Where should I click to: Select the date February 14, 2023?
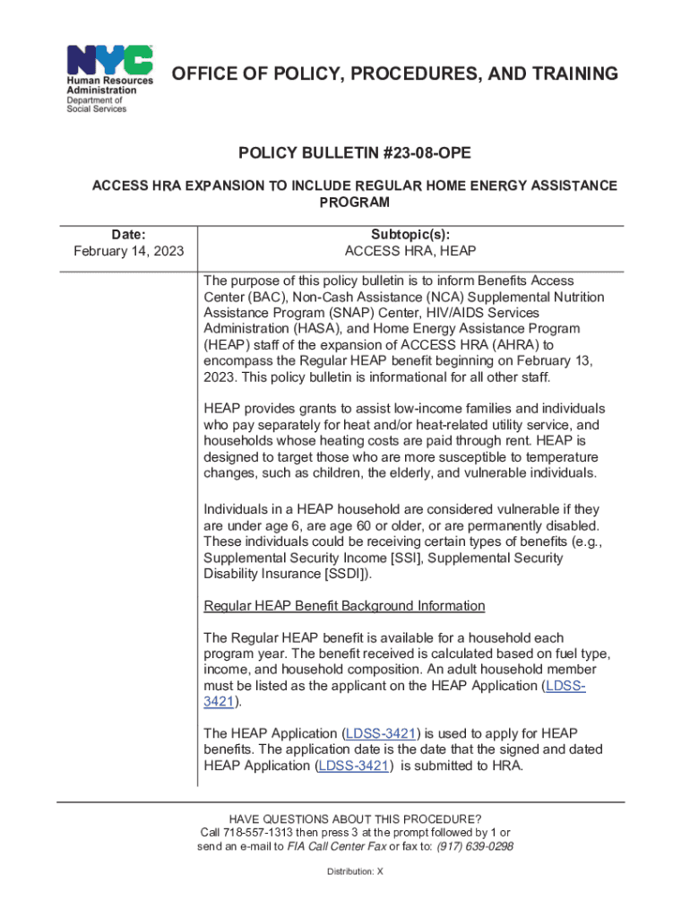129,250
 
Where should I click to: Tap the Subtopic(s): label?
410,233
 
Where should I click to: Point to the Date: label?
129,233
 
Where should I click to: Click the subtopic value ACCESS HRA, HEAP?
410,250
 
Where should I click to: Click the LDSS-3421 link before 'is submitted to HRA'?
355,766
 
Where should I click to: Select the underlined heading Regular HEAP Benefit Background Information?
345,606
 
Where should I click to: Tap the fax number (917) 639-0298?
475,846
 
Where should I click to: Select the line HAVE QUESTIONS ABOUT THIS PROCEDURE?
356,819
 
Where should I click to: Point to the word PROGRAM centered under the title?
356,203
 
